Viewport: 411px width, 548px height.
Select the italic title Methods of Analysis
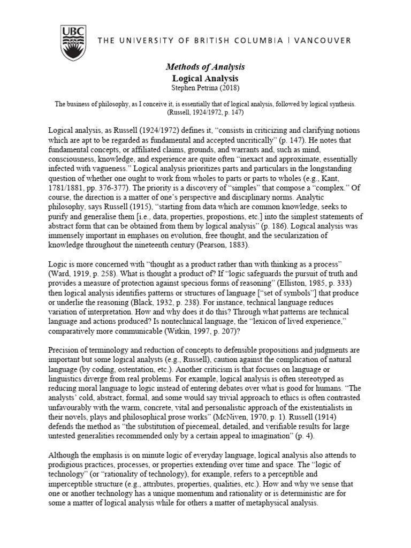coord(205,67)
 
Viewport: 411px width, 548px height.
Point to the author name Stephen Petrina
coord(205,87)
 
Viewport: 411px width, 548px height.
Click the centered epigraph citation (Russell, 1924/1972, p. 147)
coord(205,113)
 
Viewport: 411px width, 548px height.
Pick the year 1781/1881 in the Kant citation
coord(67,187)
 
